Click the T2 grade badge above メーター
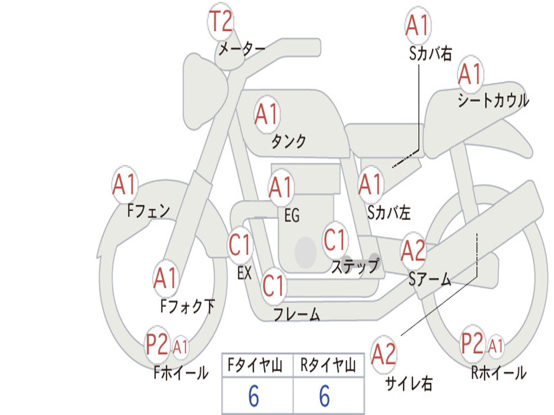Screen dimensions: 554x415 pyautogui.click(x=221, y=22)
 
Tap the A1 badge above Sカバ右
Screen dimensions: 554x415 pyautogui.click(x=417, y=25)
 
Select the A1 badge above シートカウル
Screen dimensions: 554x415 pyautogui.click(x=470, y=74)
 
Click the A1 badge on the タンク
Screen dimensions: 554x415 pyautogui.click(x=266, y=114)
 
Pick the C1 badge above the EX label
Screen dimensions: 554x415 pyautogui.click(x=240, y=245)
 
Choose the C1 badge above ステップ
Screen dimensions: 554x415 pyautogui.click(x=334, y=239)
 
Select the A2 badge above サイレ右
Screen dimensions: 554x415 pyautogui.click(x=384, y=354)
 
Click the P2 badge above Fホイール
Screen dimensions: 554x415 pyautogui.click(x=157, y=345)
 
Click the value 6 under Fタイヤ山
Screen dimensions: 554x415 pyautogui.click(x=254, y=396)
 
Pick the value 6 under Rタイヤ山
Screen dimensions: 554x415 pyautogui.click(x=325, y=396)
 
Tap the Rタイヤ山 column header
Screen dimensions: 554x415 pyautogui.click(x=328, y=366)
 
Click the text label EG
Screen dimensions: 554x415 pyautogui.click(x=292, y=216)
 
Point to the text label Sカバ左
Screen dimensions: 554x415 pyautogui.click(x=389, y=212)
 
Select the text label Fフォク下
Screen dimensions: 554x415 pyautogui.click(x=187, y=306)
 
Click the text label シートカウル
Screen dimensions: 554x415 pyautogui.click(x=493, y=101)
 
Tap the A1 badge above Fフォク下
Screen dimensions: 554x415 pyautogui.click(x=165, y=278)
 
